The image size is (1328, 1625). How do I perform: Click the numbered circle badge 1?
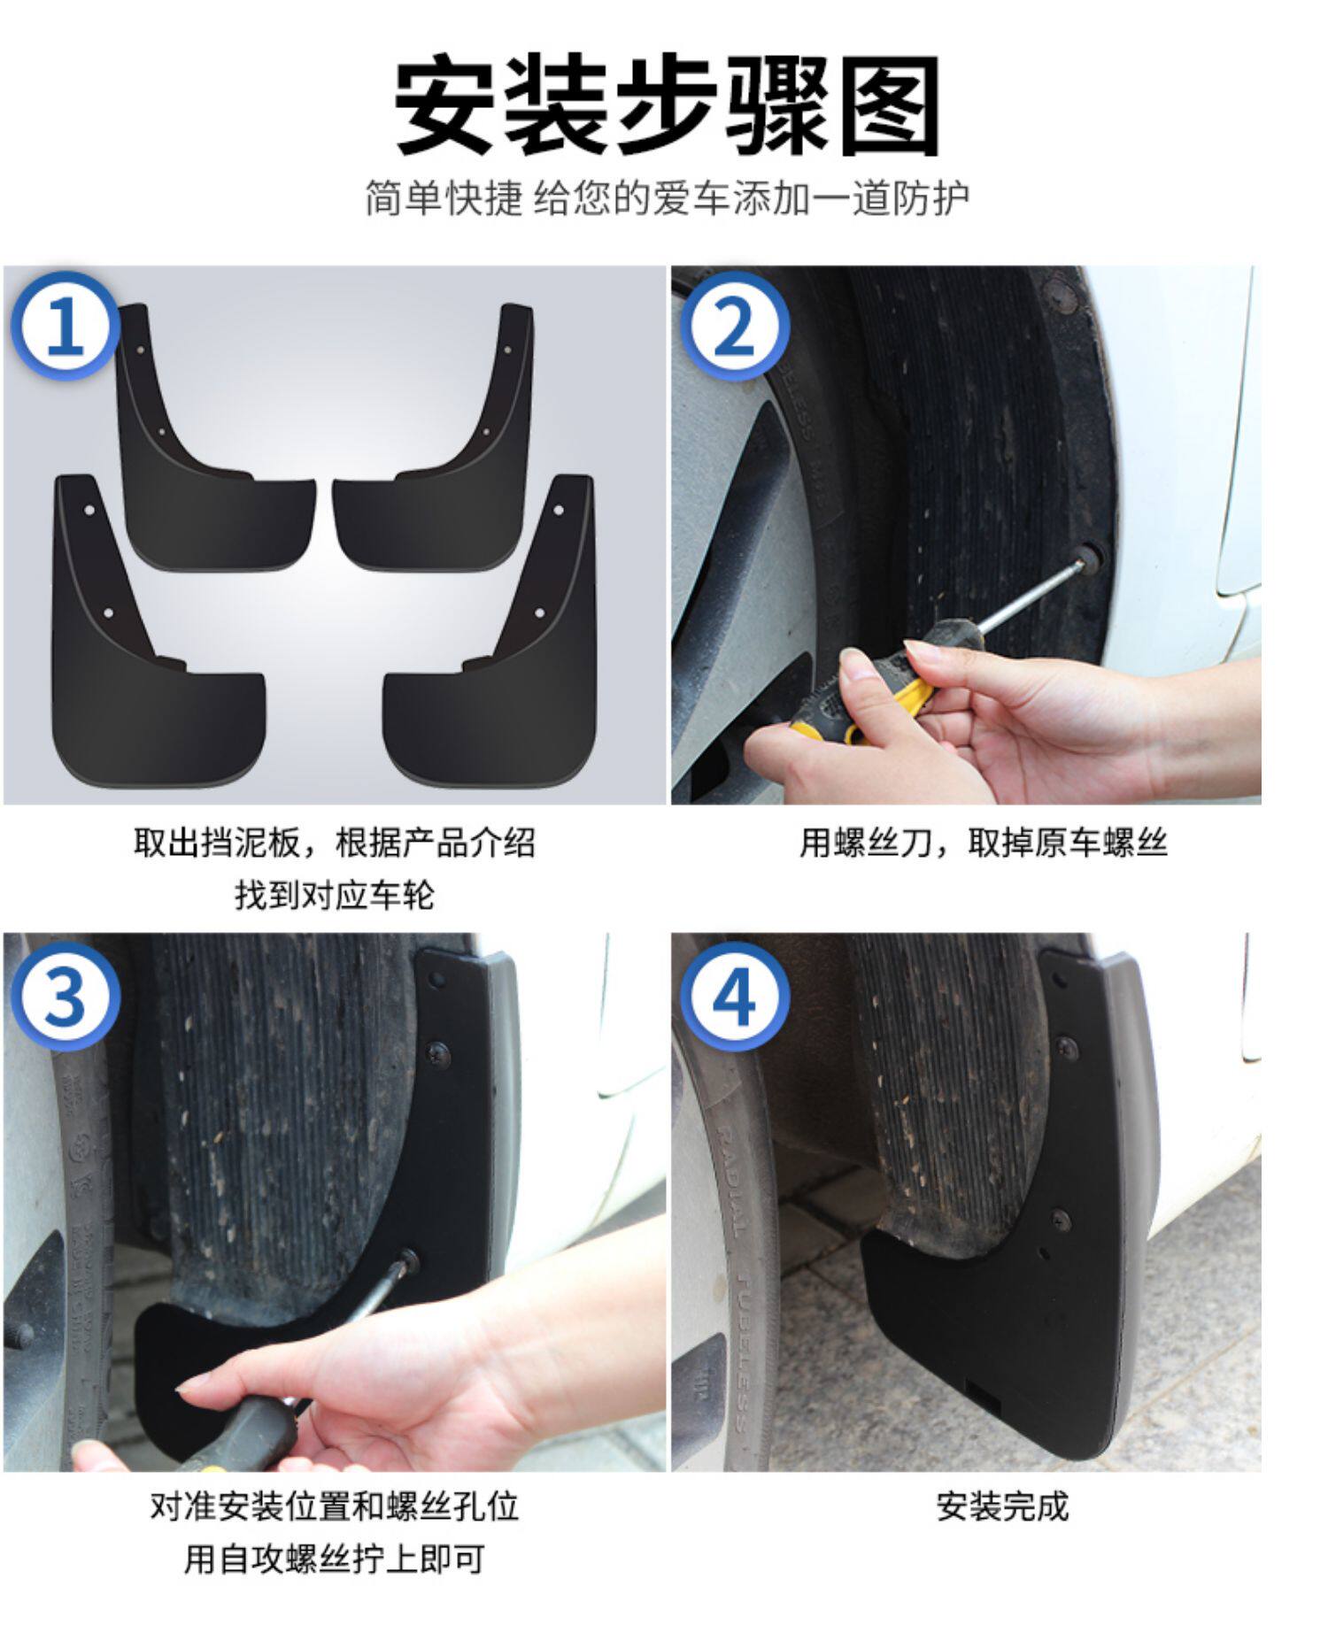click(65, 327)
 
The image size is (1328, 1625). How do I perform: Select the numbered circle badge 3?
click(65, 996)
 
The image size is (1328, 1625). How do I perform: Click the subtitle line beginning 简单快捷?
click(666, 198)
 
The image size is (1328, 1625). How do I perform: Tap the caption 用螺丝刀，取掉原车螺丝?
click(983, 843)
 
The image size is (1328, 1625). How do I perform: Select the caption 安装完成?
click(1002, 1506)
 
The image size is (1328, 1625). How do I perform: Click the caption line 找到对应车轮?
click(335, 895)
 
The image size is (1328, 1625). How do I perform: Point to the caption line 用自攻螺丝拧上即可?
click(335, 1559)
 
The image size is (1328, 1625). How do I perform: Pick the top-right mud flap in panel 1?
click(434, 437)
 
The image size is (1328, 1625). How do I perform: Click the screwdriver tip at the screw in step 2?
click(1081, 557)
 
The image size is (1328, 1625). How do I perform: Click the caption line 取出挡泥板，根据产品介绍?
click(335, 843)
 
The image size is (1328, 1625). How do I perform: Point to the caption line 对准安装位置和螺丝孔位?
click(335, 1506)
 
